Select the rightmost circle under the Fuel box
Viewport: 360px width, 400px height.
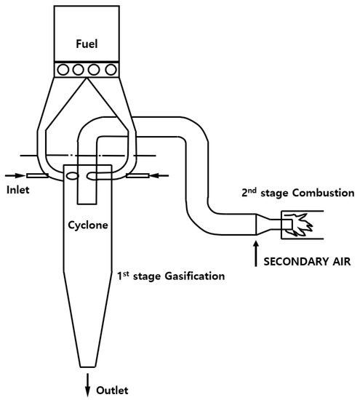111,70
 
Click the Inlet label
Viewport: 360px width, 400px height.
19,191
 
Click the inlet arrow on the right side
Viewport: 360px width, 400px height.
162,175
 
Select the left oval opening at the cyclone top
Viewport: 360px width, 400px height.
72,175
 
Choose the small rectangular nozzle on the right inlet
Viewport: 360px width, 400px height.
138,175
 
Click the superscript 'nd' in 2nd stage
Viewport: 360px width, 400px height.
250,190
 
